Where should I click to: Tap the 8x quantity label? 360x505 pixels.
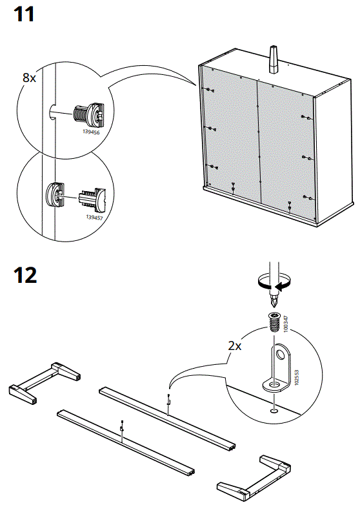click(x=30, y=77)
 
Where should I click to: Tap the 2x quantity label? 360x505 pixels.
click(x=235, y=345)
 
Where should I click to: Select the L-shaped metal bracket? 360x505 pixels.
click(x=278, y=368)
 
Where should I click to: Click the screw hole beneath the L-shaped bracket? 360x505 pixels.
click(x=275, y=408)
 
